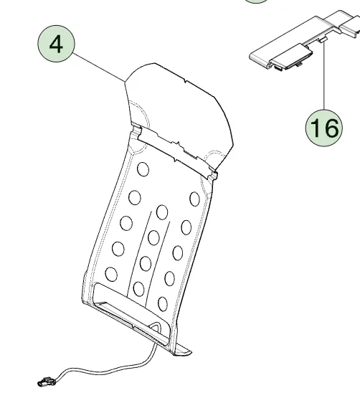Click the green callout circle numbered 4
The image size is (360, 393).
(56, 44)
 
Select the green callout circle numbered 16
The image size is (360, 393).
(324, 128)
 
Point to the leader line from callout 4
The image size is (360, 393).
(100, 67)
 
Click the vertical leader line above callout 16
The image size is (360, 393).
(324, 76)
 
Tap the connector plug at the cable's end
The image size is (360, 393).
(46, 382)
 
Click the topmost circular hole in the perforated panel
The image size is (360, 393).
(143, 169)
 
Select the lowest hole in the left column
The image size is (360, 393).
(111, 274)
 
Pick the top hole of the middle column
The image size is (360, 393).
(162, 212)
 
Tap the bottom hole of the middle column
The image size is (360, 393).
(138, 289)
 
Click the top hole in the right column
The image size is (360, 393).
(194, 199)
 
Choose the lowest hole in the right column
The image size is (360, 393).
(163, 304)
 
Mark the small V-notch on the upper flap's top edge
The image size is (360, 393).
(185, 81)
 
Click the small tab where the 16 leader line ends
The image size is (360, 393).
(323, 39)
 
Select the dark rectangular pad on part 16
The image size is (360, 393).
(292, 56)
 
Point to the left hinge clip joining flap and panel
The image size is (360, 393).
(136, 131)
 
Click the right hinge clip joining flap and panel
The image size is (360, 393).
(212, 174)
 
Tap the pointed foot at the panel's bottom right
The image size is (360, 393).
(182, 351)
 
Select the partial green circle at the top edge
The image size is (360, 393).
(256, 1)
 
